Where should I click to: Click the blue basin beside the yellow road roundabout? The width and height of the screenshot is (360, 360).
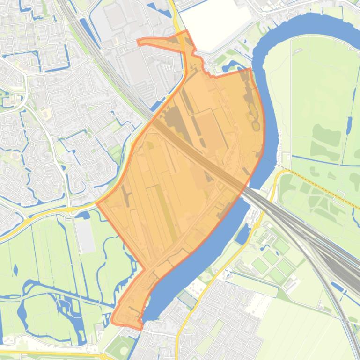pyautogui.click(x=243, y=234)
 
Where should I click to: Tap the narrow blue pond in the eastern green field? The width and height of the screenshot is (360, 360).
pyautogui.click(x=349, y=125)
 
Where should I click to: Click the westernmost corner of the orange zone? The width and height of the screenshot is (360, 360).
pyautogui.click(x=96, y=203)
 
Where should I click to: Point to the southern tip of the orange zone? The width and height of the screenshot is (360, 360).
pyautogui.click(x=140, y=329)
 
